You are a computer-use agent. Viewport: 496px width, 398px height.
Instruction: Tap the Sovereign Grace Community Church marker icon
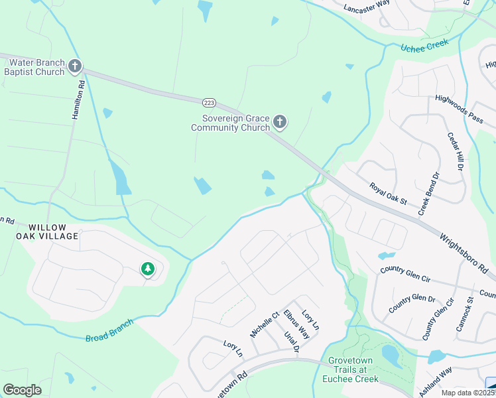click(280, 121)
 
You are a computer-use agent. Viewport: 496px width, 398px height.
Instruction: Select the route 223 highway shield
click(210, 102)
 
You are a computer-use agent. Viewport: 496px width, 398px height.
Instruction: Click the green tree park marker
click(147, 269)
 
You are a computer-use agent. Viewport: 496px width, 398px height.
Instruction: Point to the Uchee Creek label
click(425, 45)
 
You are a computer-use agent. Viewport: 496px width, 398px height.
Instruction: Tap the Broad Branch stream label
click(109, 330)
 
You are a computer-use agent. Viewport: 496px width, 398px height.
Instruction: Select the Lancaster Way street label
click(367, 6)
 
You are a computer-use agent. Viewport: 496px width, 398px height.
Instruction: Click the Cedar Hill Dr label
click(454, 151)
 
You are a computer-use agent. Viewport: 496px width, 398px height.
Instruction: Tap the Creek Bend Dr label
click(430, 194)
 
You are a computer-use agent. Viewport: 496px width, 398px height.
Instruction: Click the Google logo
click(22, 390)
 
